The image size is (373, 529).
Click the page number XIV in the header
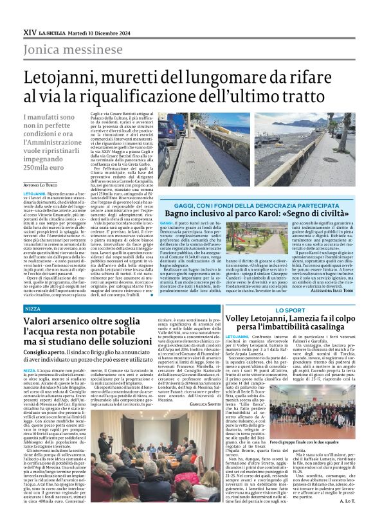coord(30,31)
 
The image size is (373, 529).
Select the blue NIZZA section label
coord(32,309)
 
